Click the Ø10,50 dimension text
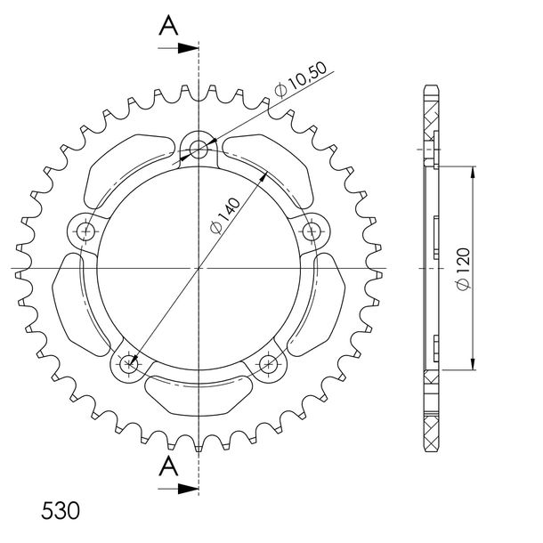point(301,79)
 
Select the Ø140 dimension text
point(225,215)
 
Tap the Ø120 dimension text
point(463,269)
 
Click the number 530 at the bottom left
point(61,510)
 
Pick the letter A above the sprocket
point(168,25)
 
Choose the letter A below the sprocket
point(168,466)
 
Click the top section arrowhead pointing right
point(188,48)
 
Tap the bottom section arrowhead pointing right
point(188,489)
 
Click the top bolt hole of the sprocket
point(199,150)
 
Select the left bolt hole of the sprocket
point(85,231)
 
